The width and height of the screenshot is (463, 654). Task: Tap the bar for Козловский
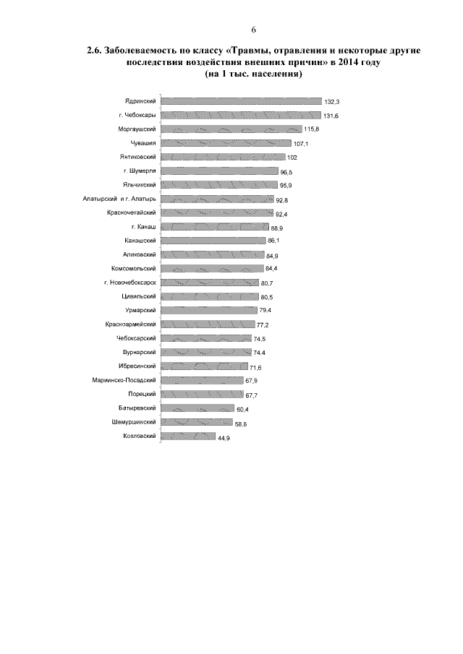click(187, 436)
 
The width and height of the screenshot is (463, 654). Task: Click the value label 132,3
click(333, 102)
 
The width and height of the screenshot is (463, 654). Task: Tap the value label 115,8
click(313, 129)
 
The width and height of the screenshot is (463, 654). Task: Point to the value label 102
click(292, 158)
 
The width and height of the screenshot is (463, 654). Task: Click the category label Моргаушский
click(138, 129)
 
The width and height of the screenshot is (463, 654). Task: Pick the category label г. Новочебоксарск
click(130, 282)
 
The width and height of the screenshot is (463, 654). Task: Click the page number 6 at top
click(254, 29)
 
